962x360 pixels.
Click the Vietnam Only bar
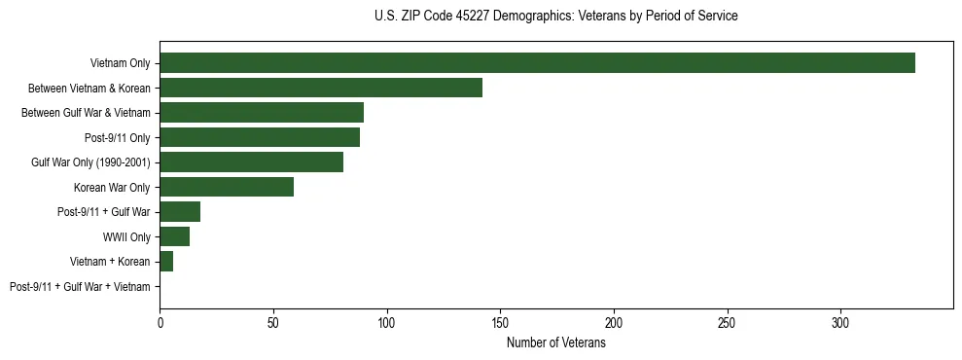point(537,63)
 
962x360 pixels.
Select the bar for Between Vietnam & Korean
point(321,88)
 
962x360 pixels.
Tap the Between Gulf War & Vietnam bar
point(262,113)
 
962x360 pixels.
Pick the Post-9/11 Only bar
point(260,137)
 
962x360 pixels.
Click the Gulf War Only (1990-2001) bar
point(251,162)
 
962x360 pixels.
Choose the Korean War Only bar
point(227,187)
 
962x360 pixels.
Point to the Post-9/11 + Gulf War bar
point(180,212)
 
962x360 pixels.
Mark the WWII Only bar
point(174,236)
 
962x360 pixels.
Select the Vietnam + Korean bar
point(166,262)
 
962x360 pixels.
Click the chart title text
point(555,17)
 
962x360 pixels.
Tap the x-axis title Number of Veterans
point(555,343)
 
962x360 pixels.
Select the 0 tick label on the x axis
point(160,322)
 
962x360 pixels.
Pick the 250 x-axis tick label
point(727,322)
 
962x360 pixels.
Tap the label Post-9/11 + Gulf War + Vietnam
point(80,286)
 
